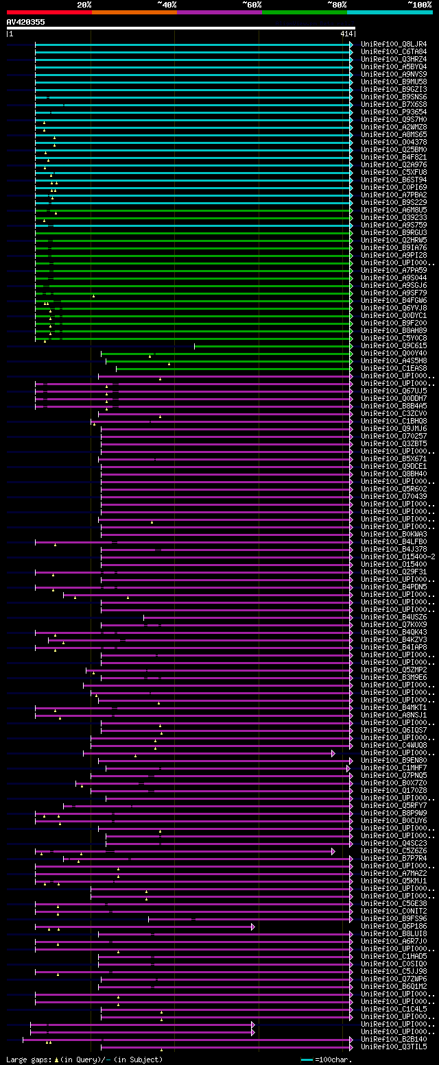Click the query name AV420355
click(26, 22)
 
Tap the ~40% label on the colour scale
click(167, 5)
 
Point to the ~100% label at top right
click(419, 5)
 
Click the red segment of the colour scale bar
click(49, 12)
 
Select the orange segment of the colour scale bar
click(134, 12)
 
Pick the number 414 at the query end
click(346, 34)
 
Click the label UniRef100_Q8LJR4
click(394, 44)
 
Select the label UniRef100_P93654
click(394, 112)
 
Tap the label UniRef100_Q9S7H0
click(394, 119)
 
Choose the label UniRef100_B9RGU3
click(394, 232)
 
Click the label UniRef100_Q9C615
click(394, 345)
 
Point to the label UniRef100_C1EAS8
click(394, 368)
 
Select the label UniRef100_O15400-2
click(398, 556)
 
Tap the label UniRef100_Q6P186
click(394, 926)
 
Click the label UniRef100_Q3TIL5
click(394, 1046)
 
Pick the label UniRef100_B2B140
click(394, 1039)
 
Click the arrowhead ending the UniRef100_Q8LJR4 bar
click(351, 45)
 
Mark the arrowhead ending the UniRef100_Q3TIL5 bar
click(351, 1046)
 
